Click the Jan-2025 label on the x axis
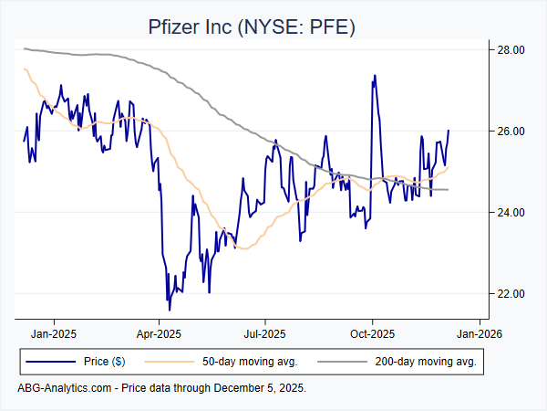(x=53, y=334)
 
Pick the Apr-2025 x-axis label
(x=159, y=334)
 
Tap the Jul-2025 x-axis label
(x=264, y=334)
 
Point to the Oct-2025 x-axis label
(x=371, y=334)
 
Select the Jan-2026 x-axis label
(x=477, y=334)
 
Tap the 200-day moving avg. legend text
(x=426, y=362)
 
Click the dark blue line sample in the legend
(x=49, y=362)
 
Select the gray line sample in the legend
(x=343, y=362)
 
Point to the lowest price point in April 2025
(x=169, y=310)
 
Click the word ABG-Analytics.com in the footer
(x=64, y=388)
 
